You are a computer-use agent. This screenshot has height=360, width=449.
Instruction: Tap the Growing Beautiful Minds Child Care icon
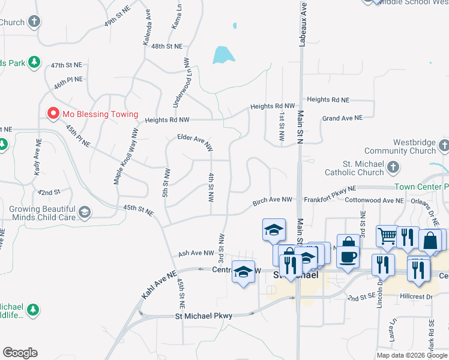pyautogui.click(x=84, y=211)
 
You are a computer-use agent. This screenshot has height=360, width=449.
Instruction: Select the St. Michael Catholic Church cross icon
pyautogui.click(x=393, y=167)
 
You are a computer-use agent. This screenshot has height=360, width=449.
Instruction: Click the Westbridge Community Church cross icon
pyautogui.click(x=443, y=145)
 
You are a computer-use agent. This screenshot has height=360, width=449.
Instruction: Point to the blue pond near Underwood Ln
pyautogui.click(x=221, y=55)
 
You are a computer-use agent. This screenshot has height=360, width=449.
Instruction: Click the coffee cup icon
pyautogui.click(x=348, y=257)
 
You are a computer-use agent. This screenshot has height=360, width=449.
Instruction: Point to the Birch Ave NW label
pyautogui.click(x=272, y=202)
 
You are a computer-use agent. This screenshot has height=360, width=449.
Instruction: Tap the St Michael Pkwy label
pyautogui.click(x=203, y=316)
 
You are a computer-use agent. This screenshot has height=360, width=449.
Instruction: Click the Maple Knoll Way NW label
pyautogui.click(x=125, y=157)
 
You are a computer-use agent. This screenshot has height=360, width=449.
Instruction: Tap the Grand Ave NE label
pyautogui.click(x=342, y=118)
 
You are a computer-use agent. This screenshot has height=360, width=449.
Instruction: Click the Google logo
pyautogui.click(x=20, y=353)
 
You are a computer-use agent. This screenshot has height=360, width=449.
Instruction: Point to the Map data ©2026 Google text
pyautogui.click(x=412, y=355)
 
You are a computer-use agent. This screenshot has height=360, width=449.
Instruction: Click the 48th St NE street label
pyautogui.click(x=167, y=46)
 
